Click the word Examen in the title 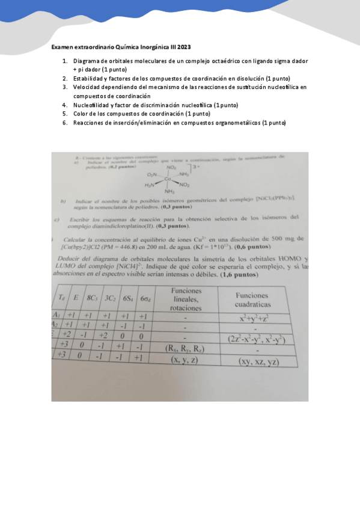click(x=63, y=47)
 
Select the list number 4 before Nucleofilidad click(x=66, y=105)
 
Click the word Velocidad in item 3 click(x=87, y=87)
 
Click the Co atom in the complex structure click(x=168, y=179)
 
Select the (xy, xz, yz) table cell click(x=258, y=361)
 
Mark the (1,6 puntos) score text click(x=240, y=275)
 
